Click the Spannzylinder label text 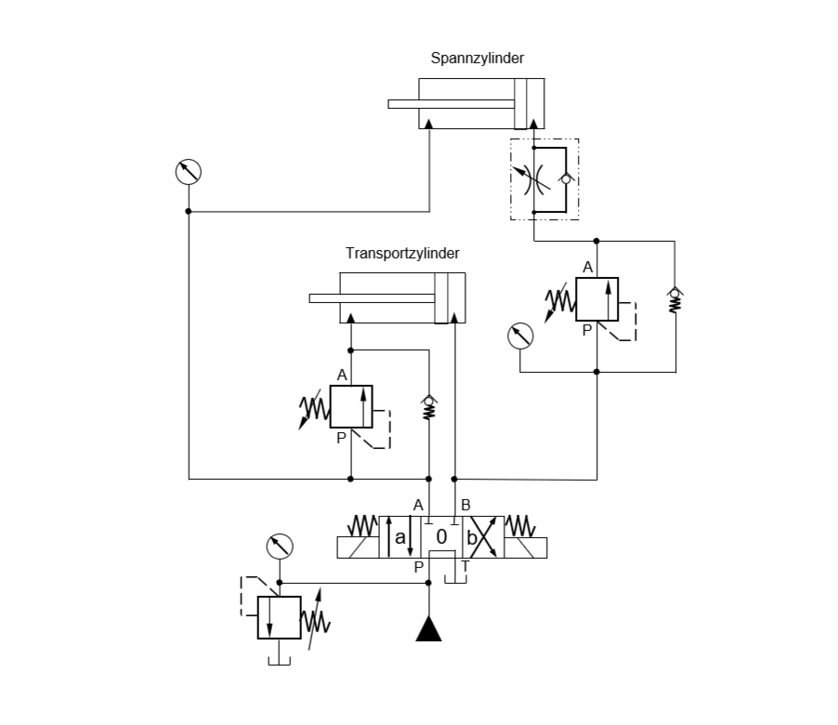click(x=477, y=58)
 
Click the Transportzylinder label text click(x=402, y=252)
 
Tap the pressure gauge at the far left click(x=189, y=172)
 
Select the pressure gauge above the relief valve click(x=280, y=546)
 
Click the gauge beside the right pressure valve click(x=521, y=336)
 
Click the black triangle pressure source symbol click(x=428, y=630)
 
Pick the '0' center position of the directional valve click(x=442, y=537)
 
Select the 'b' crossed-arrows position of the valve click(x=482, y=537)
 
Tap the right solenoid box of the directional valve click(x=526, y=547)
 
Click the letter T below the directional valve click(x=465, y=566)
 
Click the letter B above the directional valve click(x=465, y=505)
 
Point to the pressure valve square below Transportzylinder click(x=350, y=407)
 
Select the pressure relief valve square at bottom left click(x=279, y=617)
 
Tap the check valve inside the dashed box click(x=567, y=178)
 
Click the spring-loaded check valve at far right click(x=675, y=299)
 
